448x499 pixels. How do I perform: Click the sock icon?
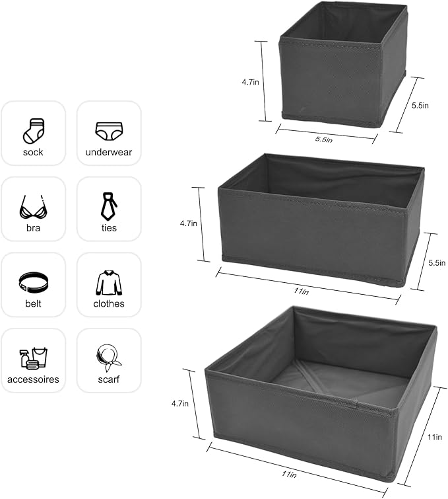(x=33, y=130)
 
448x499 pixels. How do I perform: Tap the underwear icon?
(x=109, y=130)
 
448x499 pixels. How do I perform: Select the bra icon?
(x=33, y=206)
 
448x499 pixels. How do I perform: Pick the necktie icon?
(x=109, y=206)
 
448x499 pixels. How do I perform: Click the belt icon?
(x=33, y=283)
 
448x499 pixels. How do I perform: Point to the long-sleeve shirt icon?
(x=109, y=282)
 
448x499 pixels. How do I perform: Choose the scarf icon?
(x=109, y=358)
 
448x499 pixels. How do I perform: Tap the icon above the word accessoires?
(x=33, y=358)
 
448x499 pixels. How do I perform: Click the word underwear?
(x=109, y=153)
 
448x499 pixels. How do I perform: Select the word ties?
(x=109, y=228)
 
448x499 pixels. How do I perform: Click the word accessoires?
(x=33, y=380)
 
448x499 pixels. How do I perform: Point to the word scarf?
(x=109, y=380)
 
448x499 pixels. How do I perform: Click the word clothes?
(x=109, y=304)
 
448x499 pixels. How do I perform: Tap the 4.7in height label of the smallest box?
(x=250, y=83)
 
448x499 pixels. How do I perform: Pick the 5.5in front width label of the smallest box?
(x=323, y=139)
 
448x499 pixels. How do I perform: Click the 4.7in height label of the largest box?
(x=180, y=403)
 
